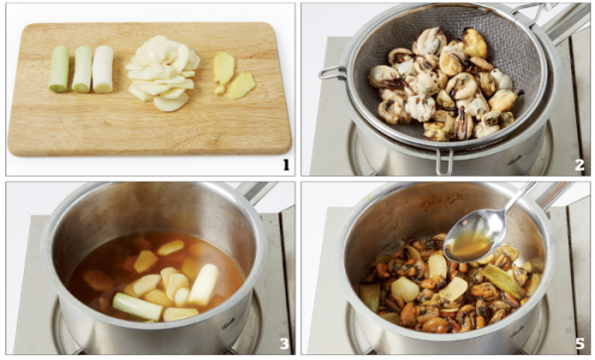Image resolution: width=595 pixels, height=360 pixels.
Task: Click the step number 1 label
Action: pos(286,166)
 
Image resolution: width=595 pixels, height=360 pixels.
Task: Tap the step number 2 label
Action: pos(579,166)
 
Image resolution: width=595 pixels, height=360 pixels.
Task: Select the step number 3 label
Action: pos(285,344)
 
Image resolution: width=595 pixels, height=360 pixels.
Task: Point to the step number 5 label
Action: pos(579,344)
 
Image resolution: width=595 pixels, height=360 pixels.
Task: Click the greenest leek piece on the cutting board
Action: pos(59,69)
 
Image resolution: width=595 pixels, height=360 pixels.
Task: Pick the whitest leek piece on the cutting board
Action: pos(103,69)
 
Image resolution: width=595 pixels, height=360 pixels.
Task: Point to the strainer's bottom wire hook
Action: pos(444,163)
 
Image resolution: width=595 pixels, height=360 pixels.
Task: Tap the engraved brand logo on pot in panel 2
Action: pos(515,160)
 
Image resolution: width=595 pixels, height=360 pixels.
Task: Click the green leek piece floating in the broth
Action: pos(138,306)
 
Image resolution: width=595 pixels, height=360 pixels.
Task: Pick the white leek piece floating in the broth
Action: pos(203,285)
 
